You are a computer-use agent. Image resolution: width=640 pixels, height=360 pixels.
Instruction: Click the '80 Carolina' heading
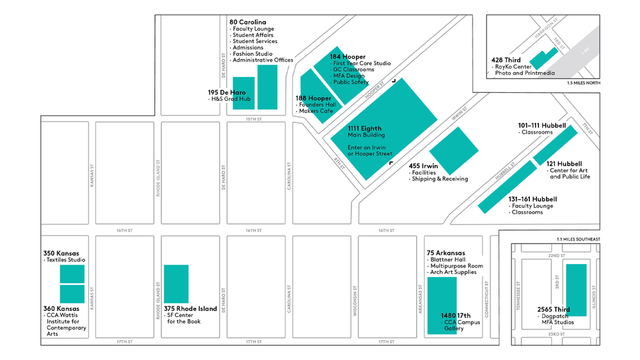pyautogui.click(x=247, y=22)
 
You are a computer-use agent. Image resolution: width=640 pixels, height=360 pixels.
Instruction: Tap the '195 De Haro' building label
pyautogui.click(x=226, y=93)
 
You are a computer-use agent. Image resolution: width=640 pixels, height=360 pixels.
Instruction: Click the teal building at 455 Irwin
pyautogui.click(x=454, y=151)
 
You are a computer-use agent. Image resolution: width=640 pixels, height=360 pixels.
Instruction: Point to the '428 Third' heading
pyautogui.click(x=506, y=60)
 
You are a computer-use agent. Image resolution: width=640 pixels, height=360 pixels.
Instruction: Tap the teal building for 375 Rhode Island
pyautogui.click(x=176, y=284)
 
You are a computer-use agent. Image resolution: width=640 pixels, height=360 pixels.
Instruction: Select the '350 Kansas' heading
pyautogui.click(x=61, y=253)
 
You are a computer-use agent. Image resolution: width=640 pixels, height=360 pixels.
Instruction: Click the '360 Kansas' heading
pyautogui.click(x=61, y=309)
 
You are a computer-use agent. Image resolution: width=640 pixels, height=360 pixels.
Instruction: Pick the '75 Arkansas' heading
pyautogui.click(x=446, y=253)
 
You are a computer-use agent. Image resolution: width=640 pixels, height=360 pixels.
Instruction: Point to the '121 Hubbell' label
pyautogui.click(x=564, y=164)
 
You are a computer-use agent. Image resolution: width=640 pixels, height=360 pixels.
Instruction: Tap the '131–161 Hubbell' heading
pyautogui.click(x=532, y=199)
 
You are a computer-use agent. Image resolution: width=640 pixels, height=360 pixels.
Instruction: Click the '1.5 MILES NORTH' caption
pyautogui.click(x=583, y=82)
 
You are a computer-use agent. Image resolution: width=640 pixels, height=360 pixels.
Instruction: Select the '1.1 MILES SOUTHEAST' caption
pyautogui.click(x=577, y=239)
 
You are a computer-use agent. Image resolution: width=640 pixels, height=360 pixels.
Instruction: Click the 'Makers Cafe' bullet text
pyautogui.click(x=316, y=111)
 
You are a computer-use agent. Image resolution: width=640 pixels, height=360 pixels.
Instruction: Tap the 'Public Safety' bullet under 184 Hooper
pyautogui.click(x=351, y=82)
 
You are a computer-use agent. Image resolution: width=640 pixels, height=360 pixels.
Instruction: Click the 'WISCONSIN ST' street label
pyautogui.click(x=356, y=300)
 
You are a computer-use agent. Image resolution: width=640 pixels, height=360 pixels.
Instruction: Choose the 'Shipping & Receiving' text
pyautogui.click(x=440, y=179)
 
